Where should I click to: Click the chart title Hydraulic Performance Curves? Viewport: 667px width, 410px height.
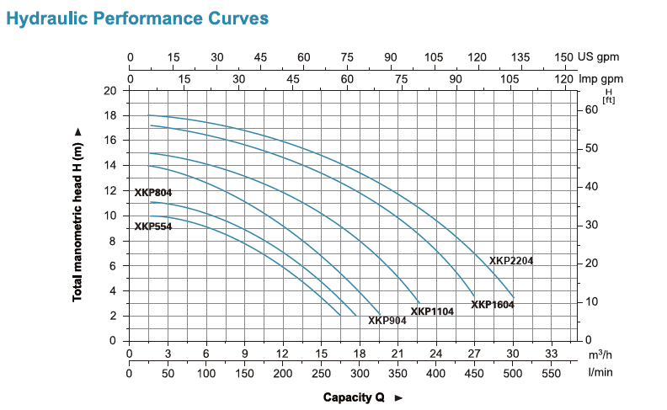point(137,17)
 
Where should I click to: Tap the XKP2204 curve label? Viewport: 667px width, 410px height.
point(511,261)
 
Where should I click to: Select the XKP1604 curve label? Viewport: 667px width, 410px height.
point(493,305)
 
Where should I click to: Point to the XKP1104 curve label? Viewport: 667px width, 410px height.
point(432,311)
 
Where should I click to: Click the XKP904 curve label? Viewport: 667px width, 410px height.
point(388,320)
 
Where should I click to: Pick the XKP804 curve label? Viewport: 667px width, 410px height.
point(153,193)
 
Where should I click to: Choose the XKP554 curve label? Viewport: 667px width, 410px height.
point(153,226)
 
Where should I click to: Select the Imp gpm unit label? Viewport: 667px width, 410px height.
point(600,78)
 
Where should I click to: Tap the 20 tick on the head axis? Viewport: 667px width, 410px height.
point(110,91)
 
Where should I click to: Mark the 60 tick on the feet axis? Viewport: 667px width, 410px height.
point(591,109)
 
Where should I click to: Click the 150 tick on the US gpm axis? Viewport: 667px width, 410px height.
point(564,57)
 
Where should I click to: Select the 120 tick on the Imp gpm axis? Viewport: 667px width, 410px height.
point(564,78)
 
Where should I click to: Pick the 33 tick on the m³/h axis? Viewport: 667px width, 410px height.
point(552,354)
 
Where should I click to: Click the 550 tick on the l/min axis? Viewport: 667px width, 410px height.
point(552,372)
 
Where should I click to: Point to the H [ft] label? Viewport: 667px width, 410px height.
point(608,95)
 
